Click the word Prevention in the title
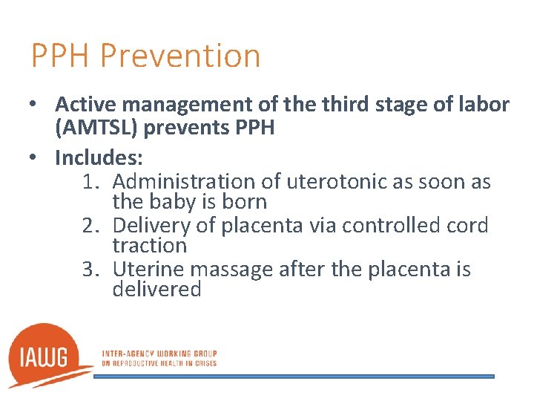click(179, 56)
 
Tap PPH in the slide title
click(61, 56)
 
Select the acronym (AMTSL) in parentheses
click(96, 128)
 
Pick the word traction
click(149, 245)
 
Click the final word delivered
click(156, 289)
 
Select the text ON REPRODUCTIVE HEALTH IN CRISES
click(159, 363)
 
